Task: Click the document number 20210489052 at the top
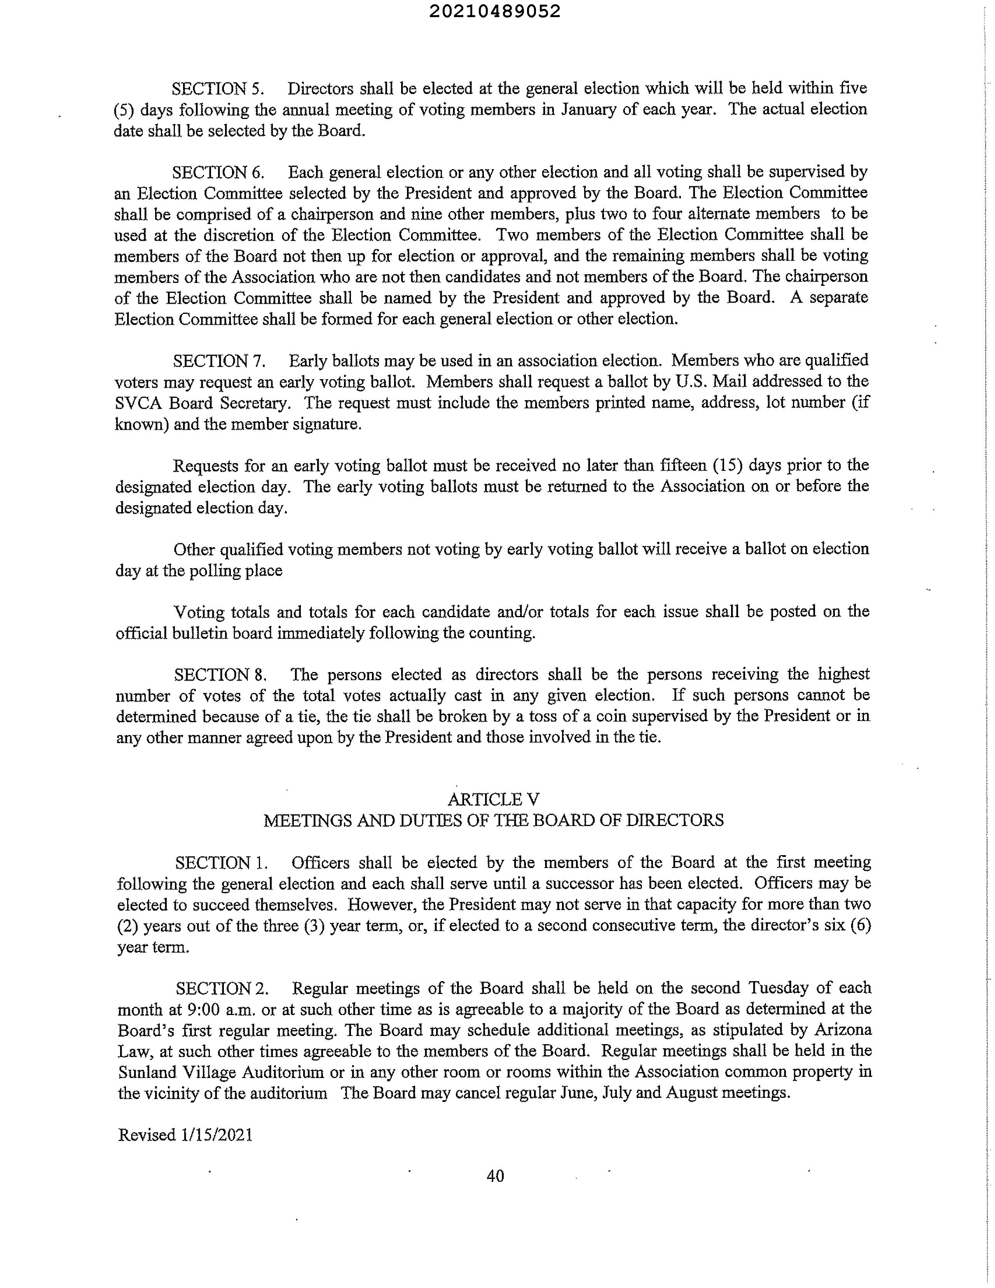(x=495, y=12)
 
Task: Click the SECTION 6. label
(x=218, y=173)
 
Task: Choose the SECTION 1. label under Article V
(x=222, y=863)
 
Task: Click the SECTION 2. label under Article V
(x=222, y=988)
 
